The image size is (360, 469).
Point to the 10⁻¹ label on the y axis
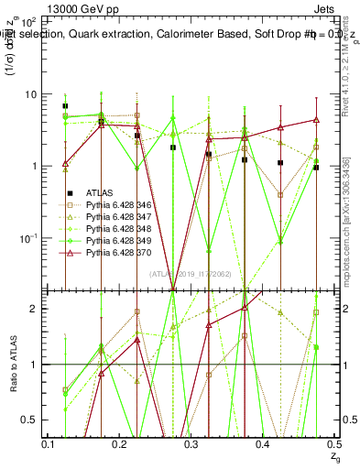pyautogui.click(x=27, y=237)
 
